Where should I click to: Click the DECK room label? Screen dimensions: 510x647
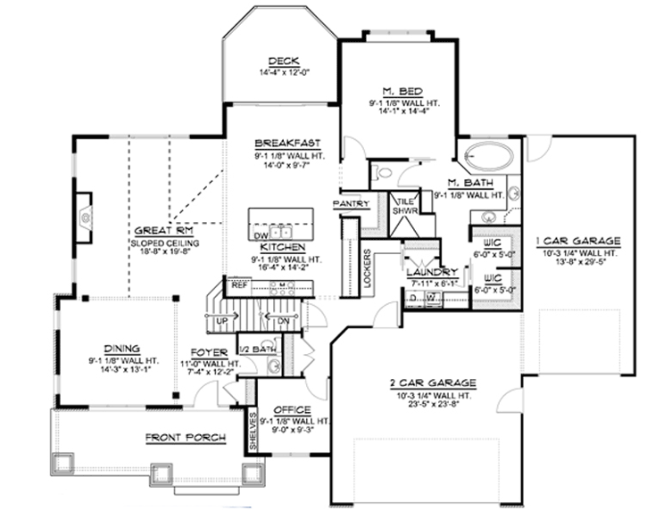coord(281,61)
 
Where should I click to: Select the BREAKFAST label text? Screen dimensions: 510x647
coord(281,143)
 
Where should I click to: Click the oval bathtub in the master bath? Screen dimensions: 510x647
coord(488,157)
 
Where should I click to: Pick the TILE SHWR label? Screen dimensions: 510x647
coord(406,206)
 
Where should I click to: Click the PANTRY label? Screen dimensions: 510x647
coord(351,203)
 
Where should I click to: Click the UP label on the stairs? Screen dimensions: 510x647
coord(222,319)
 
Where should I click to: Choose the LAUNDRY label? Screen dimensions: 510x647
coord(431,272)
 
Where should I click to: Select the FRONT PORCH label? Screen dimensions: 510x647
coord(186,437)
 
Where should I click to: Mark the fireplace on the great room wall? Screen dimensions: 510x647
coord(85,219)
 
